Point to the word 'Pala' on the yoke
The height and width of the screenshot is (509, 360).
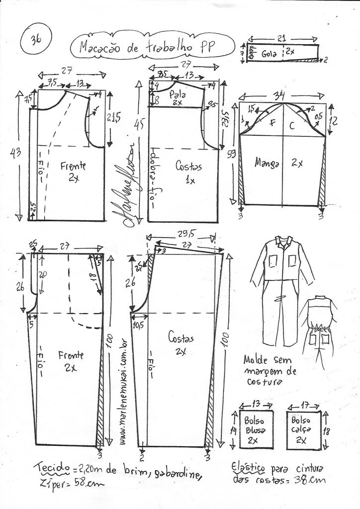[x=175, y=93]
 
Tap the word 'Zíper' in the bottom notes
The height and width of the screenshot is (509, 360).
[x=50, y=482]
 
